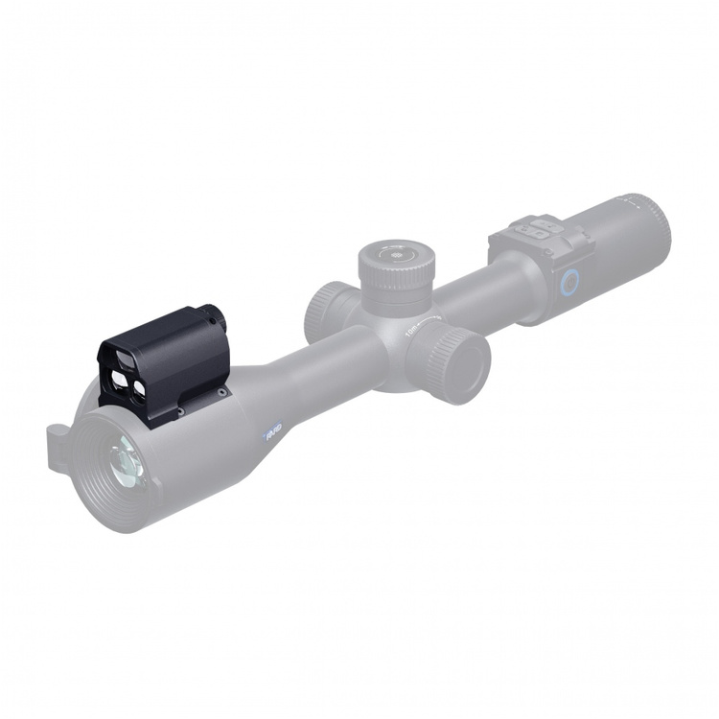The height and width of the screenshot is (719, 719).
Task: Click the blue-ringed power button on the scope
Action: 570,280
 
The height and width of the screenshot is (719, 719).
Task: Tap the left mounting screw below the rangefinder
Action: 179,413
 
